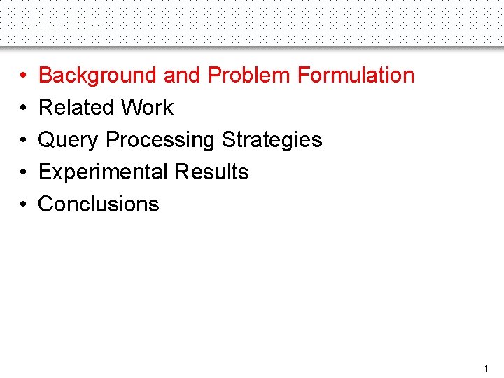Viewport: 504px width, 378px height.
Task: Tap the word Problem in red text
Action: click(250, 75)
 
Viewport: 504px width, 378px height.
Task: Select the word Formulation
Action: click(356, 75)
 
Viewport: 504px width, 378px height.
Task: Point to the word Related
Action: click(76, 107)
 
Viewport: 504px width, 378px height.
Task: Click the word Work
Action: click(147, 107)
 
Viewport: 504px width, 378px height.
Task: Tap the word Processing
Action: click(160, 140)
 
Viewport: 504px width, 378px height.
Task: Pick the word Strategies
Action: click(272, 140)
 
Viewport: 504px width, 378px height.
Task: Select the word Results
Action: click(212, 171)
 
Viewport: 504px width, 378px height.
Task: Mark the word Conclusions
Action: click(99, 204)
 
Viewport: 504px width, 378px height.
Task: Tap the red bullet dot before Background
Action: click(23, 76)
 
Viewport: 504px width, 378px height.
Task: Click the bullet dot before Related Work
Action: click(23, 108)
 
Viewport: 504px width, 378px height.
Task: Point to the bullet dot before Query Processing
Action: click(23, 140)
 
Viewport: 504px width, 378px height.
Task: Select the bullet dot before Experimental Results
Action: click(23, 172)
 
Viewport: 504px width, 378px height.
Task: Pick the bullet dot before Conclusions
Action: click(23, 204)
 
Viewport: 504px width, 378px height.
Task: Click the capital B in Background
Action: click(45, 75)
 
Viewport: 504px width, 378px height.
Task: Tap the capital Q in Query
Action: click(47, 140)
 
